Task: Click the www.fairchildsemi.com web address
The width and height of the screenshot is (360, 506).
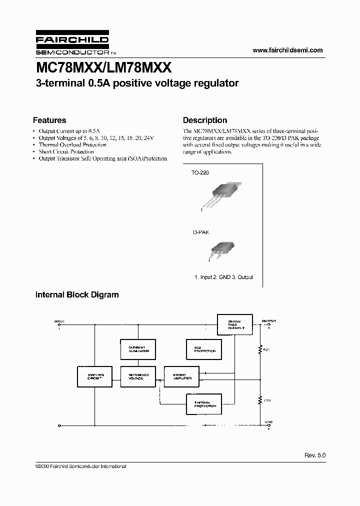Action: (x=287, y=50)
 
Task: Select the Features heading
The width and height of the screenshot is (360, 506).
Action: (x=49, y=120)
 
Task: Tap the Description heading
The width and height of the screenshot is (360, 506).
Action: (x=205, y=120)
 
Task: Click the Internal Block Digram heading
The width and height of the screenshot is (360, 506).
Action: (x=77, y=294)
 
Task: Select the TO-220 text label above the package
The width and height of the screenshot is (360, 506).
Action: (x=200, y=172)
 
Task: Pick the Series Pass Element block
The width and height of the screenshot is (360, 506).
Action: (x=234, y=325)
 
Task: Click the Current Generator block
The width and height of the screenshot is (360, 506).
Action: (x=138, y=349)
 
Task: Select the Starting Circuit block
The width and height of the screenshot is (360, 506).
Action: (x=95, y=377)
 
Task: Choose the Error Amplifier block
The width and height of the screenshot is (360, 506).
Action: (x=181, y=377)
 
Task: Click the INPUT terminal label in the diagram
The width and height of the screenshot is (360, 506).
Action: (x=59, y=320)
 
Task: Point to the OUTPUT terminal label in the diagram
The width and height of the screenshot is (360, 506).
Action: (x=269, y=320)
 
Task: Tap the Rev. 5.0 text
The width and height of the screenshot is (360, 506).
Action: (x=314, y=455)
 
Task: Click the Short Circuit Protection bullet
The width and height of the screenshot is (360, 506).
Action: (x=66, y=151)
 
